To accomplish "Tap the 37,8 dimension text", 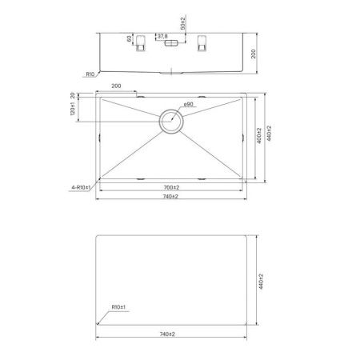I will [x=162, y=37].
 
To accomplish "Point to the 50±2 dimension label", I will [x=183, y=22].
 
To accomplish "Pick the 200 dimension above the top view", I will [x=116, y=85].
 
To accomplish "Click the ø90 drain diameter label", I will [x=189, y=106].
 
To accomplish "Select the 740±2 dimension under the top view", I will [x=170, y=197].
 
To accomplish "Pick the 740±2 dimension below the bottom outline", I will [x=170, y=337].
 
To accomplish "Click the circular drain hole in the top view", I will [x=171, y=121].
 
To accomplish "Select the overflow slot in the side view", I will [x=170, y=46].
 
